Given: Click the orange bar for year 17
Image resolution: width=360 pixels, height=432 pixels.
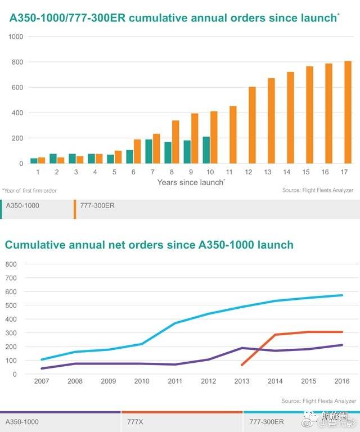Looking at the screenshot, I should pyautogui.click(x=348, y=112).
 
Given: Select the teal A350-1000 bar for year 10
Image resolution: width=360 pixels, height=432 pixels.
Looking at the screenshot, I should pyautogui.click(x=206, y=150).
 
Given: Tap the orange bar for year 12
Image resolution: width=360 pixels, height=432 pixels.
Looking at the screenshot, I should pyautogui.click(x=252, y=125).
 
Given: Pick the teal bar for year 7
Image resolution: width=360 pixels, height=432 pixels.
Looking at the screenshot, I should pyautogui.click(x=149, y=151).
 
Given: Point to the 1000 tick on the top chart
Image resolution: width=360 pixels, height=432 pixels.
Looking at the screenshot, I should pyautogui.click(x=15, y=37).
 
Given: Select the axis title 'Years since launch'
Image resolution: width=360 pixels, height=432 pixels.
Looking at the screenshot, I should pyautogui.click(x=191, y=182).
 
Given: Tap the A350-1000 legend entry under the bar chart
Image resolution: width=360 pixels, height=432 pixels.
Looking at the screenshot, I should pyautogui.click(x=22, y=206).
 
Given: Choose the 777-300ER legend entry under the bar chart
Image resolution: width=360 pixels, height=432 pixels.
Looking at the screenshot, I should pyautogui.click(x=97, y=206).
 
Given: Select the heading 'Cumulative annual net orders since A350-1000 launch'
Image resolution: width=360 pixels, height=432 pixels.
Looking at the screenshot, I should pyautogui.click(x=149, y=245).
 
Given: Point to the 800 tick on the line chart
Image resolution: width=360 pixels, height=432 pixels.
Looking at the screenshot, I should pyautogui.click(x=11, y=264).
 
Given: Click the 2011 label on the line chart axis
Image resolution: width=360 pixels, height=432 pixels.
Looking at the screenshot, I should pyautogui.click(x=175, y=381).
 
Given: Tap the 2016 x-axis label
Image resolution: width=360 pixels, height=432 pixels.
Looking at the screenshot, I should pyautogui.click(x=342, y=381).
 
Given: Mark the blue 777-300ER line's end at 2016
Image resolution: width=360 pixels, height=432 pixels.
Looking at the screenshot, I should pyautogui.click(x=342, y=295).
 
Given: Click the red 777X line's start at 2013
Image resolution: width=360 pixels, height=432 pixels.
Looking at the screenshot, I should pyautogui.click(x=242, y=365).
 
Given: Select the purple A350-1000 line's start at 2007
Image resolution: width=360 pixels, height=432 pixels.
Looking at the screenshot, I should pyautogui.click(x=42, y=368).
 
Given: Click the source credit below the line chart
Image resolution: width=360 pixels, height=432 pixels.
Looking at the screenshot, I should pyautogui.click(x=318, y=401).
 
